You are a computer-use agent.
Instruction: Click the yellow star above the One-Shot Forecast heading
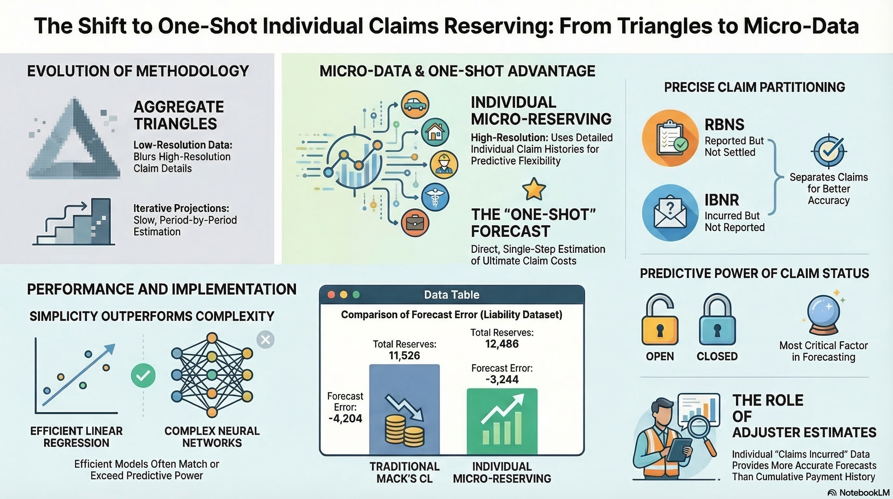pos(533,189)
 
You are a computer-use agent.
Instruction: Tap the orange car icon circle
pos(415,104)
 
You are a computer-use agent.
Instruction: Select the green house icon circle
pos(435,132)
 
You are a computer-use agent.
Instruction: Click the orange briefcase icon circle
pos(415,223)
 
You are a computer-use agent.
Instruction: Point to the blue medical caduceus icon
pos(435,197)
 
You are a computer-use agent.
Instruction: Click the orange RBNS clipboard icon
pos(669,138)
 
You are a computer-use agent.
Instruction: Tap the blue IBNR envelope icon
pos(669,212)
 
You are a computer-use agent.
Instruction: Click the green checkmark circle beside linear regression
pos(143,376)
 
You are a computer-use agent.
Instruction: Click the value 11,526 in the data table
pos(404,356)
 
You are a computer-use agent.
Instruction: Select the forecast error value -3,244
pos(502,379)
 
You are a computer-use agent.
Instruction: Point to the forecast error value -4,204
pos(345,418)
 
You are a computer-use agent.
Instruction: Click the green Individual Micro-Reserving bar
pos(502,421)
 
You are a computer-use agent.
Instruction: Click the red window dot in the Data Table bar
pos(331,295)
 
